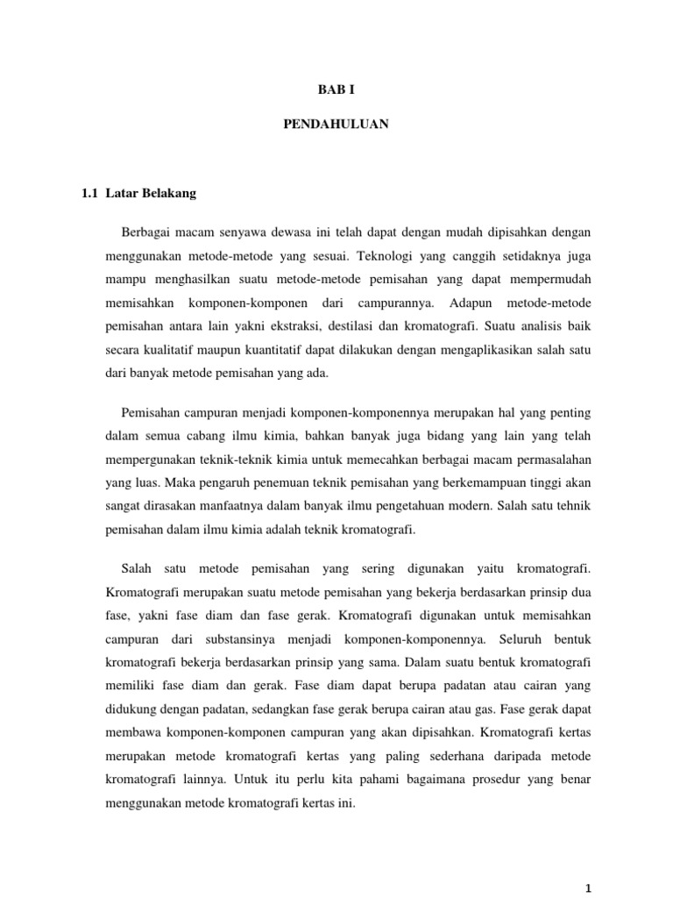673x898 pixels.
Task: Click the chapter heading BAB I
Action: pos(336,90)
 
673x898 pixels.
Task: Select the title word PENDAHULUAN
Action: pos(336,125)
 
